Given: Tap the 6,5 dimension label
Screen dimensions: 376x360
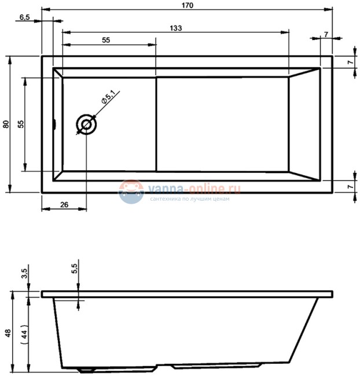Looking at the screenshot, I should pos(25,17).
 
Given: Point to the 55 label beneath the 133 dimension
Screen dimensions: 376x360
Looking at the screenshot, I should pos(106,40).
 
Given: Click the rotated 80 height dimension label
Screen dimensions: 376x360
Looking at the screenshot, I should pos(6,124).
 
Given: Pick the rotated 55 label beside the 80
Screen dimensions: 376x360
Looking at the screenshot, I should pos(20,124).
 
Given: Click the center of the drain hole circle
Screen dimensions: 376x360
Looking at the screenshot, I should pos(86,124).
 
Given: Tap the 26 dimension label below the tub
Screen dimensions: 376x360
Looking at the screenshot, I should pos(64,204).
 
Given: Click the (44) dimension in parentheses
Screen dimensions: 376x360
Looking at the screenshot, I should pos(23,334).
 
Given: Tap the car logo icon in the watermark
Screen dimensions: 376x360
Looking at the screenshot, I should pos(131,191).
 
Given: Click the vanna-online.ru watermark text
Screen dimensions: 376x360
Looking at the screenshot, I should pos(194,188).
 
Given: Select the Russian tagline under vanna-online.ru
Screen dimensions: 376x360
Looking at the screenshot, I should pos(190,199).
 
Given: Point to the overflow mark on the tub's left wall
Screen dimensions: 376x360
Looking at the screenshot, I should pos(54,124).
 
